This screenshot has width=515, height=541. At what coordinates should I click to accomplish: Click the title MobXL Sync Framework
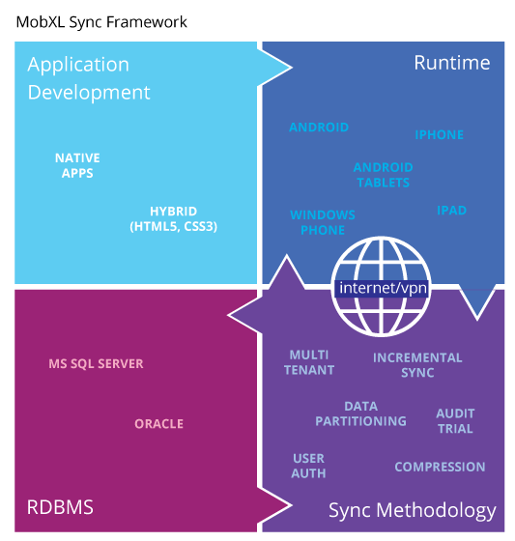tap(101, 22)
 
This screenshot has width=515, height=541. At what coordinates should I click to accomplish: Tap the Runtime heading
tap(452, 63)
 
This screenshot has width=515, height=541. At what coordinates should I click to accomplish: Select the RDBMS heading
tap(60, 507)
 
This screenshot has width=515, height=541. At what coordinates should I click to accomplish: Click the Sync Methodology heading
tap(413, 511)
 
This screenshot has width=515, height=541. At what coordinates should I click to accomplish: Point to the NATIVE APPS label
tap(77, 165)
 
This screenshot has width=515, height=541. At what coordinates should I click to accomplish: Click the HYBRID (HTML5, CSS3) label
tap(174, 218)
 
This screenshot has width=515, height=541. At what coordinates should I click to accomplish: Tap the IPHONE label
tap(439, 134)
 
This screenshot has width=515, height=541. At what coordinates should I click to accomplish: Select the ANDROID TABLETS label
tap(384, 175)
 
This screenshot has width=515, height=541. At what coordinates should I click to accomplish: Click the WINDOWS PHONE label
tap(323, 222)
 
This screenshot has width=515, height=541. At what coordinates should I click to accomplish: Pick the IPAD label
tap(452, 211)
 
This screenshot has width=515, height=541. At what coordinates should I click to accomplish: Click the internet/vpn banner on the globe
tap(383, 288)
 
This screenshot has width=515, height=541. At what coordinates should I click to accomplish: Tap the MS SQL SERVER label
tap(96, 363)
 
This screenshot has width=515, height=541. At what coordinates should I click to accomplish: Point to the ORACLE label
tap(158, 424)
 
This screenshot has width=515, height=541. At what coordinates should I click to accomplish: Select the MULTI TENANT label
tap(309, 362)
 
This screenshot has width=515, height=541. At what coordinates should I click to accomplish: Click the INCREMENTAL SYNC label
tap(417, 365)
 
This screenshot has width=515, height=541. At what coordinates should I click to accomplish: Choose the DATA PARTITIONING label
tap(360, 413)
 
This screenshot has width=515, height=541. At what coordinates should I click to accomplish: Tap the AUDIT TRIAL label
tap(455, 421)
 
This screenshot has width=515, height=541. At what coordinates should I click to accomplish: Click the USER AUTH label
tap(308, 466)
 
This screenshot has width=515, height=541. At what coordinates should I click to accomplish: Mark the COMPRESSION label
tap(440, 467)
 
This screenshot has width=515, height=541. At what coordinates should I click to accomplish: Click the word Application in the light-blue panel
tap(78, 66)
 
